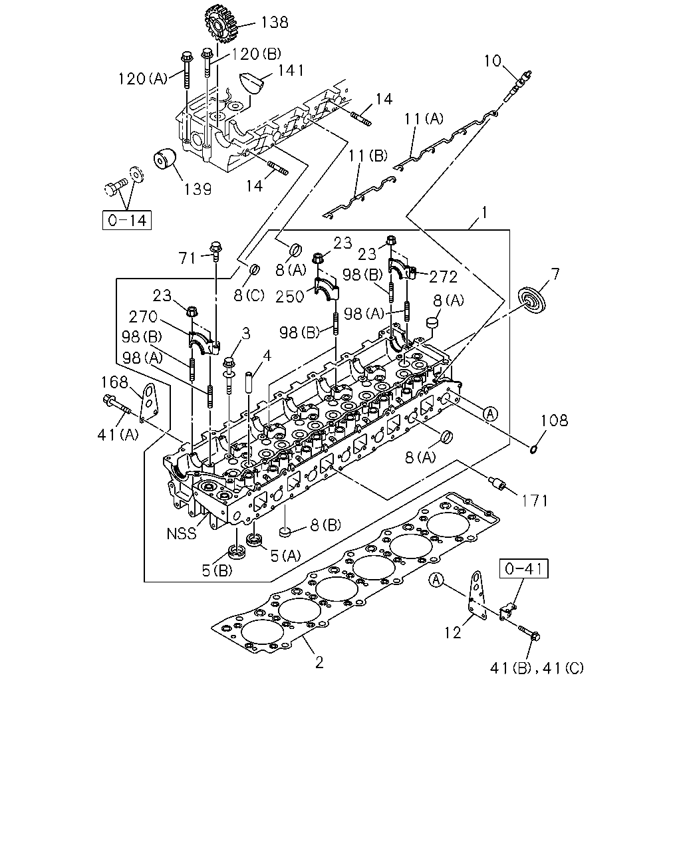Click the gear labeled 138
[x=221, y=24]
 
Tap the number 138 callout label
[x=275, y=22]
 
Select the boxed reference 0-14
[x=126, y=220]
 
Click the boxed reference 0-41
[x=523, y=568]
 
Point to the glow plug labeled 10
[x=517, y=85]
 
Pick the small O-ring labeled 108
[x=533, y=449]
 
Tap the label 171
[x=535, y=501]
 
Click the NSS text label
[x=182, y=533]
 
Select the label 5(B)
[x=217, y=570]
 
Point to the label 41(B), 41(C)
[x=536, y=668]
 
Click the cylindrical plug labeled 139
[x=164, y=159]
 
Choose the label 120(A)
[x=143, y=78]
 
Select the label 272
[x=443, y=277]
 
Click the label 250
[x=290, y=297]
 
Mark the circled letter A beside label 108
[x=490, y=414]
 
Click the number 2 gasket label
[x=319, y=662]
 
